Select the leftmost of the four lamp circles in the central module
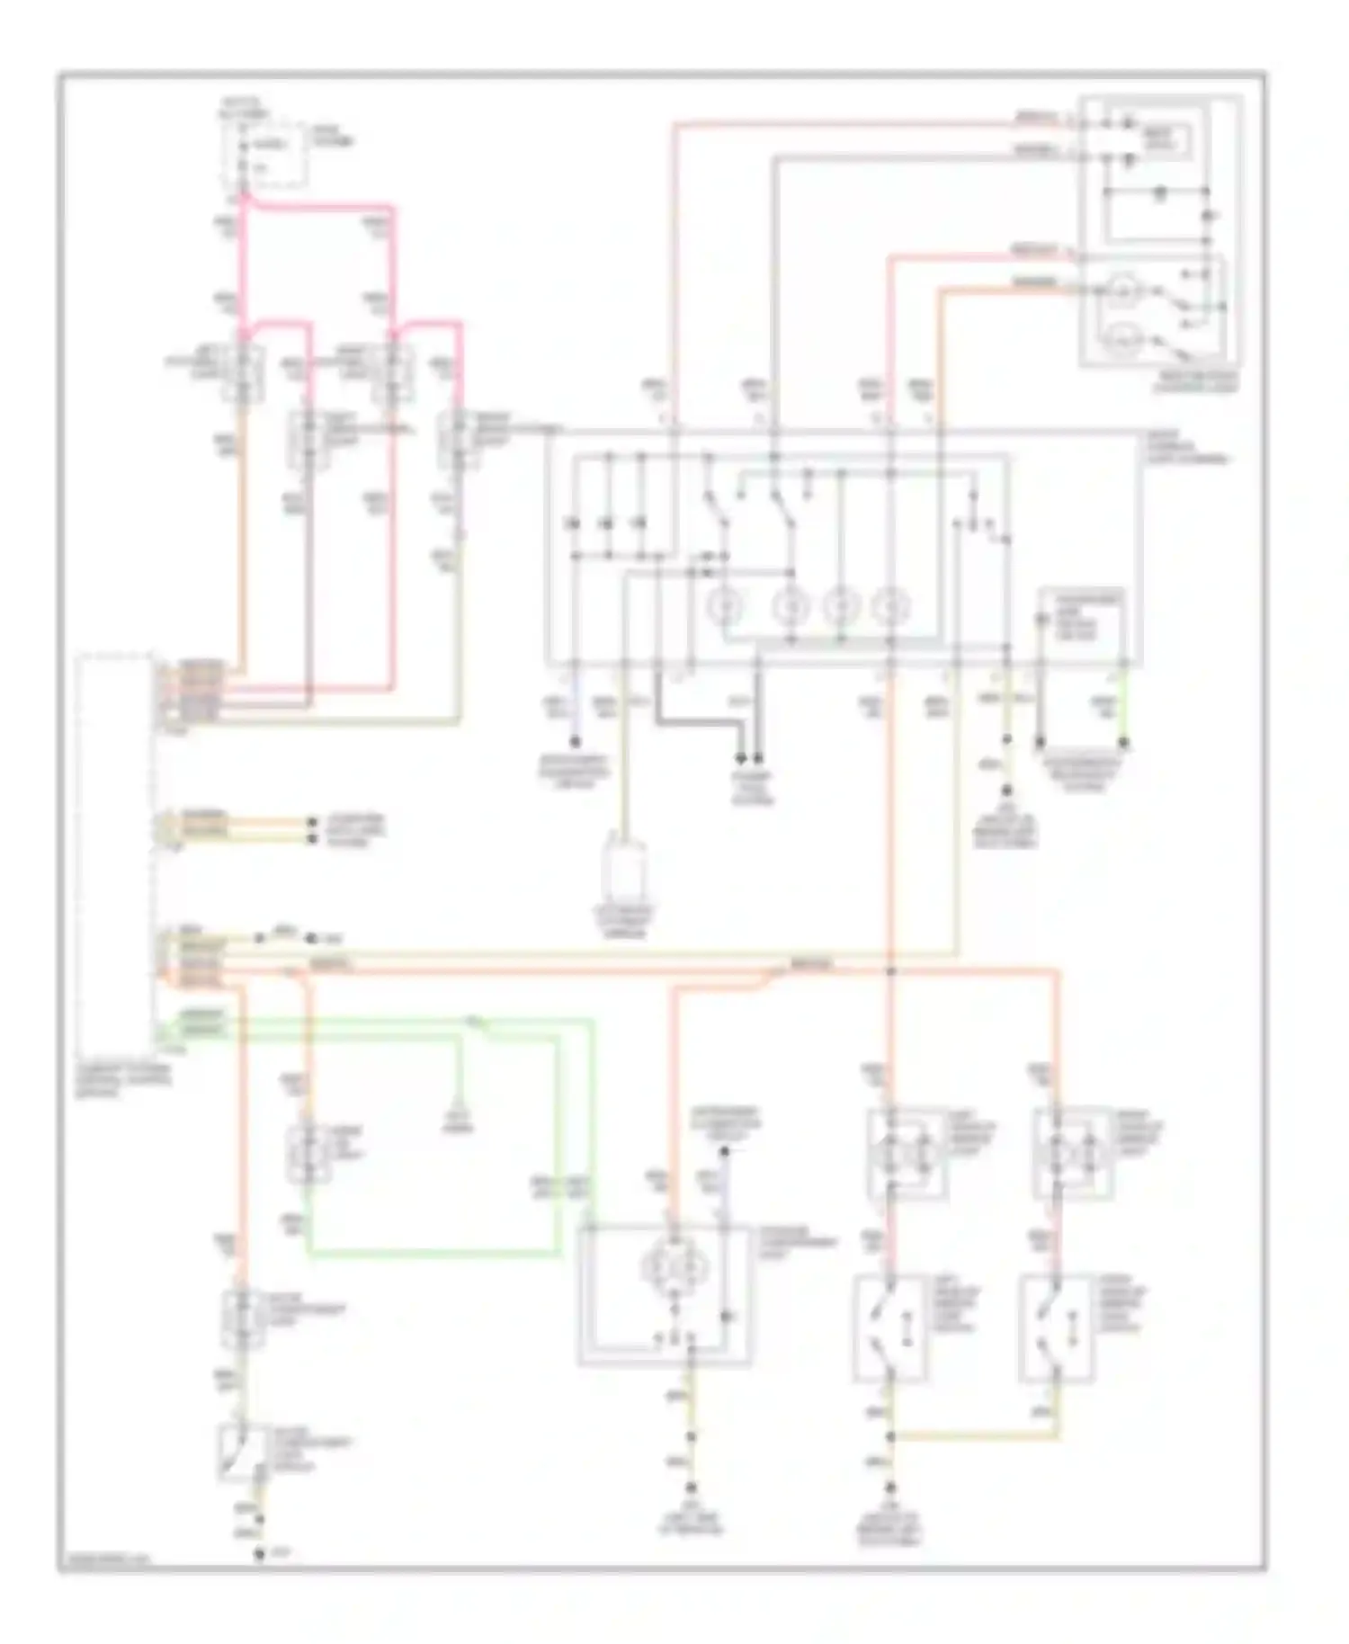[721, 607]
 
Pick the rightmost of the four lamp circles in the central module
[891, 607]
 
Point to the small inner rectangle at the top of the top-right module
[1167, 138]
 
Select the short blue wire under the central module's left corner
[575, 710]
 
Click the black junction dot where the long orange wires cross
[891, 971]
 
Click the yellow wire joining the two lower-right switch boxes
[976, 1437]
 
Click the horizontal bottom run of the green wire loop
[432, 1253]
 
